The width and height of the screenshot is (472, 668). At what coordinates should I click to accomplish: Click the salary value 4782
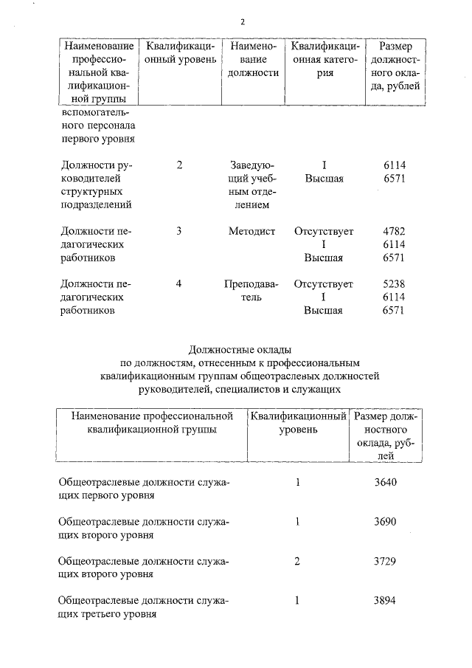tap(395, 232)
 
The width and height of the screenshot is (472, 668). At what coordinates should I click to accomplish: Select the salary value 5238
tap(395, 284)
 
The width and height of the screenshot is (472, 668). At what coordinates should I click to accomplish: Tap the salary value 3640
tap(385, 483)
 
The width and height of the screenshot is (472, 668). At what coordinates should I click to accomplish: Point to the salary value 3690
tap(385, 522)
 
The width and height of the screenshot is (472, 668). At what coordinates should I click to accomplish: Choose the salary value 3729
tap(385, 561)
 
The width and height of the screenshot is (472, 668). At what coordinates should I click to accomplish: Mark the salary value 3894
tap(385, 600)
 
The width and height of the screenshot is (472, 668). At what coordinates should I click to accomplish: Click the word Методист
tap(252, 232)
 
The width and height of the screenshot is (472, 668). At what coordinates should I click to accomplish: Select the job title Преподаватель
tap(252, 290)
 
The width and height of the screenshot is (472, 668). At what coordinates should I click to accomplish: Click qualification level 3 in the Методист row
tap(179, 232)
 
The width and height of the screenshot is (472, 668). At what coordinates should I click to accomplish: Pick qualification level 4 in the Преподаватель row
tap(179, 284)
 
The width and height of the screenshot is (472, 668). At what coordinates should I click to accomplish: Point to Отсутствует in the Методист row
tap(323, 232)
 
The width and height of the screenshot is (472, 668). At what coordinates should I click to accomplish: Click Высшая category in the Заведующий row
tap(324, 179)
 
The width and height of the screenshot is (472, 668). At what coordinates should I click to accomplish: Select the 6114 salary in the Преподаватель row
tap(395, 297)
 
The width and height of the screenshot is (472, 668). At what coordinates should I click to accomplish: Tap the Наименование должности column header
tap(252, 60)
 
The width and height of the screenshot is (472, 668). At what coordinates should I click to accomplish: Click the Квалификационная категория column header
tap(324, 60)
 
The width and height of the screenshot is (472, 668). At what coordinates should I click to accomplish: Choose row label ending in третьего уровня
tap(143, 607)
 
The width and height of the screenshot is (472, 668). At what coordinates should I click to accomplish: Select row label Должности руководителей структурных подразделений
tap(97, 185)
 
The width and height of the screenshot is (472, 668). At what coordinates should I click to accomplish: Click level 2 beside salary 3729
tap(297, 561)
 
